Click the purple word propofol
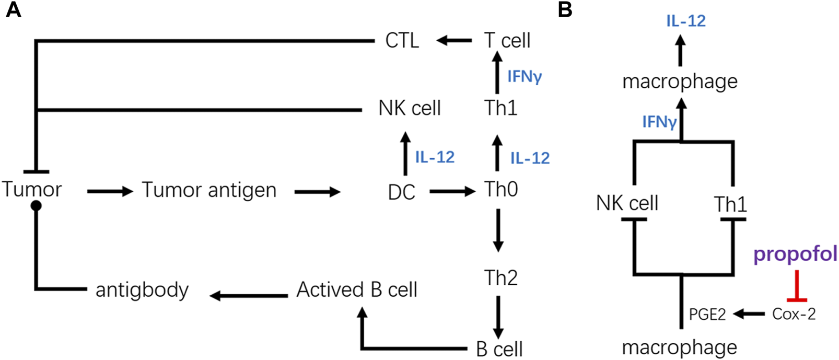(795, 254)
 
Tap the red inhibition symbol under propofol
(797, 287)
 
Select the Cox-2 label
(794, 314)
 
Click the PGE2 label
(707, 315)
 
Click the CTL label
(402, 40)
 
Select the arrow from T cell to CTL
(454, 40)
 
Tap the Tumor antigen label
(209, 190)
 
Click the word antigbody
(142, 289)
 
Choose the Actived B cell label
(357, 289)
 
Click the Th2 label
(500, 278)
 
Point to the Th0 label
(501, 189)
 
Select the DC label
(402, 192)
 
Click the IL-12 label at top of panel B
(685, 21)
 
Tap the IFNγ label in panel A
(525, 77)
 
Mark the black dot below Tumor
(36, 206)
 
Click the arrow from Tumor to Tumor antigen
(110, 192)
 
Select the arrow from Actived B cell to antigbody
(249, 296)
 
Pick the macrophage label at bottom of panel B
(679, 347)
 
